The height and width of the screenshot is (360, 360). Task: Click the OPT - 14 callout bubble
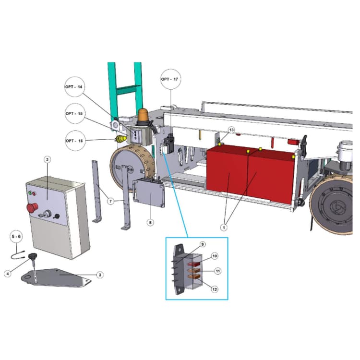pyautogui.click(x=74, y=87)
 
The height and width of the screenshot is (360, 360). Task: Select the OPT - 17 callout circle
pyautogui.click(x=170, y=79)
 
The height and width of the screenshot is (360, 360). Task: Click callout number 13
pyautogui.click(x=231, y=130)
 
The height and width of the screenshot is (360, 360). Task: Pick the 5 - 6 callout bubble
pyautogui.click(x=16, y=237)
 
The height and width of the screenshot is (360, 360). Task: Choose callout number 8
pyautogui.click(x=150, y=222)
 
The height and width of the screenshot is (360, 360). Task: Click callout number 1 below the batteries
pyautogui.click(x=224, y=228)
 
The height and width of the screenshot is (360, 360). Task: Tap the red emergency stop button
pyautogui.click(x=32, y=208)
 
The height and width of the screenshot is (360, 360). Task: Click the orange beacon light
pyautogui.click(x=143, y=117)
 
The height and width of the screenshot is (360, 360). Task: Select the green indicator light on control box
pyautogui.click(x=30, y=192)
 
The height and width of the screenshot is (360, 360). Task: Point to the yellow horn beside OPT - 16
pyautogui.click(x=121, y=139)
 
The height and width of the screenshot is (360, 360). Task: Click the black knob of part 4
pyautogui.click(x=33, y=255)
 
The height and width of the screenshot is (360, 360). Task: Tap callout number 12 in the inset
pyautogui.click(x=215, y=289)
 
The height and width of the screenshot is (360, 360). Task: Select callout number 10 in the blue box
pyautogui.click(x=215, y=256)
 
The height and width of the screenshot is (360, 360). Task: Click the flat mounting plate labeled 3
pyautogui.click(x=56, y=277)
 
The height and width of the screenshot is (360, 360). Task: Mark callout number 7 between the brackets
pyautogui.click(x=111, y=201)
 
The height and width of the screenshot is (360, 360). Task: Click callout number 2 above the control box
pyautogui.click(x=48, y=159)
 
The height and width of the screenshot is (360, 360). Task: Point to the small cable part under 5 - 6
pyautogui.click(x=18, y=255)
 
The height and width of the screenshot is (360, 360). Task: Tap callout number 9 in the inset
pyautogui.click(x=203, y=244)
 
